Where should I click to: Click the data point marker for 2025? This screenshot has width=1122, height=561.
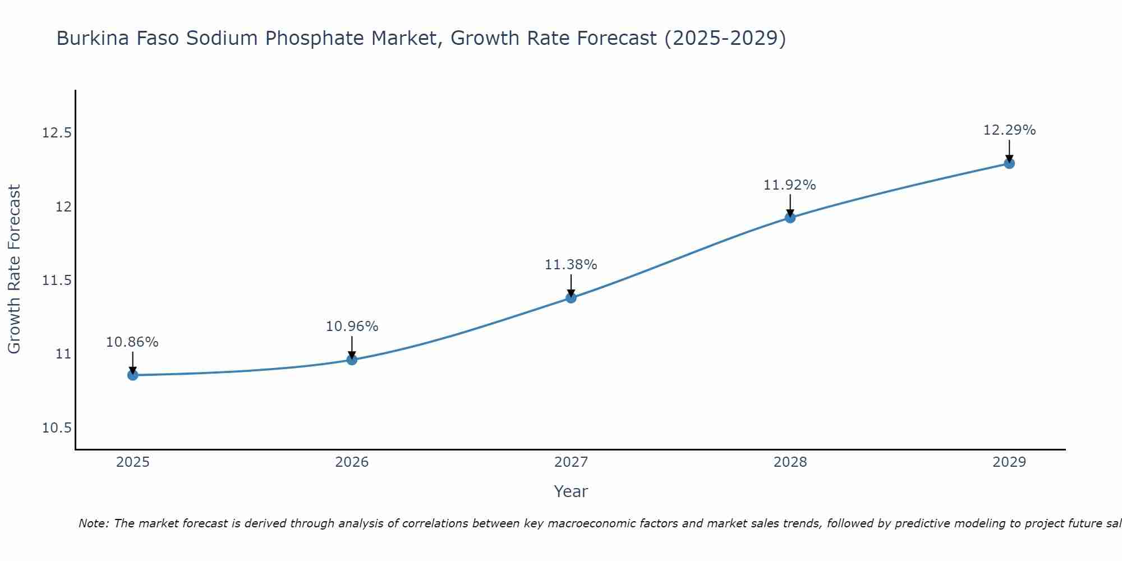point(133,375)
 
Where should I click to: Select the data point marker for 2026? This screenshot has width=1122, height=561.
point(352,360)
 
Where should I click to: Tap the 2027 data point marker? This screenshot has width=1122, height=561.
point(571,297)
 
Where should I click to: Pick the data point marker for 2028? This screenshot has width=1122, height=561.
point(790,218)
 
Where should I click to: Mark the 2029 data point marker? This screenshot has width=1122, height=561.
point(1009,163)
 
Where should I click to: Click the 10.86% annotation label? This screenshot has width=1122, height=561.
point(132,342)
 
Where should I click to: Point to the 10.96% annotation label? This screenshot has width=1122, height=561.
point(352,327)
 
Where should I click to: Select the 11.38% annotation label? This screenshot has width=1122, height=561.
point(571,265)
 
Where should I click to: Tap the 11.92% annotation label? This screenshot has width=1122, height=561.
point(790,185)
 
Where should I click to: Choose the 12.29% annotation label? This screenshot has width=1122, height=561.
point(1009,130)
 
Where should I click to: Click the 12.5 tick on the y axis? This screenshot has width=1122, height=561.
point(57,133)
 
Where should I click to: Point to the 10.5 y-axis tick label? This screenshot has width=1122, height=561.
point(57,428)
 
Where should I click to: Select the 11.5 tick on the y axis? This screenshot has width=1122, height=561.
point(57,280)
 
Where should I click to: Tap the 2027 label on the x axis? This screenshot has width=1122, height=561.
point(571,462)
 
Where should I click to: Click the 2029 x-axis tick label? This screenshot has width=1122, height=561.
point(1009,462)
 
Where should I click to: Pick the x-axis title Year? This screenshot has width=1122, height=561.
point(571,491)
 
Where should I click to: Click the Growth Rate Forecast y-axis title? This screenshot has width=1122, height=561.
point(14,269)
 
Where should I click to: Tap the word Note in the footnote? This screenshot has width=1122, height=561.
point(94,523)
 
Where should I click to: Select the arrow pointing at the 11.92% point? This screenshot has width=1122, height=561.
point(790,205)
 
